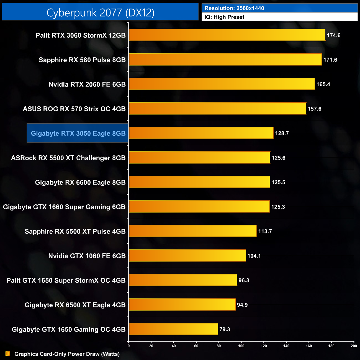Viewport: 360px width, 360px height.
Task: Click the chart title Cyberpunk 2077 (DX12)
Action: [100, 12]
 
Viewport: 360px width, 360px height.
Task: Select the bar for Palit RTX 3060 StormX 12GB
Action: [227, 35]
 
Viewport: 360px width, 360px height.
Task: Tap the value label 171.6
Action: [330, 60]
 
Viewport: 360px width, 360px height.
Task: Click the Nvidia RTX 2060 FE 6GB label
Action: [87, 84]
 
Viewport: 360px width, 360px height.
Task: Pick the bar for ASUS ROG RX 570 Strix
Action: [217, 109]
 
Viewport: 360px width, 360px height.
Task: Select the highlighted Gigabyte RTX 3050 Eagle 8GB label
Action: [78, 133]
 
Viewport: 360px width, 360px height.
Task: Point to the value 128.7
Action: [282, 133]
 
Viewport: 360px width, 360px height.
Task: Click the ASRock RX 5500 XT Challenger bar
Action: [199, 158]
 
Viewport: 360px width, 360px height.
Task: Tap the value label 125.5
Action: [278, 182]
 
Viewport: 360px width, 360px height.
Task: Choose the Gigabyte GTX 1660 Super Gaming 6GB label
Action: [64, 207]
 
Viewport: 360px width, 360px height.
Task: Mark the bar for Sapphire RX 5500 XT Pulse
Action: [193, 231]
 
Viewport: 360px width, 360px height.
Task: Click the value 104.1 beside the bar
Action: [254, 256]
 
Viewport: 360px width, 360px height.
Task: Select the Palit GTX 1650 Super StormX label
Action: [66, 281]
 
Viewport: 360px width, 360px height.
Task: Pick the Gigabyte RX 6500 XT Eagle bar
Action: [182, 305]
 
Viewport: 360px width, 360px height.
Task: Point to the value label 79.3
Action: [225, 330]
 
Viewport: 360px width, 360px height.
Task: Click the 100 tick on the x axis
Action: [241, 346]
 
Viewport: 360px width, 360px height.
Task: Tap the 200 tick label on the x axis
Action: [354, 346]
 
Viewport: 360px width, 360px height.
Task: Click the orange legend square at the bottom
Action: [8, 354]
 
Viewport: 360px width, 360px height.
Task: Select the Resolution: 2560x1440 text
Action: [234, 8]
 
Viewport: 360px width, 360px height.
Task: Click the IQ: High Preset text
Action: [224, 17]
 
